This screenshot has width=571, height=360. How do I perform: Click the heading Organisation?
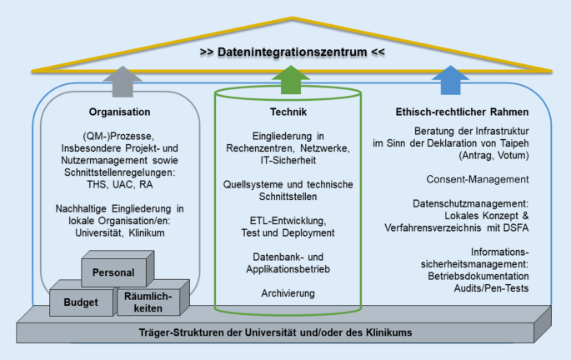pyautogui.click(x=119, y=112)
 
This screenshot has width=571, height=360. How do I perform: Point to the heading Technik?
pyautogui.click(x=285, y=112)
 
